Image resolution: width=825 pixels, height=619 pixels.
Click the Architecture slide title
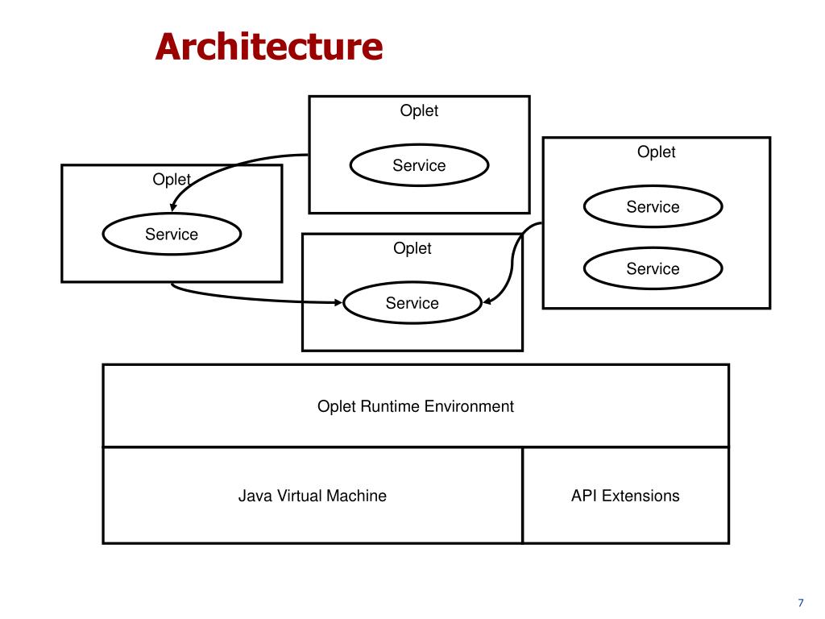269,46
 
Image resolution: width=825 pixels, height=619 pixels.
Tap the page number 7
801,603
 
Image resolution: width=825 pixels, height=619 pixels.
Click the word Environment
470,406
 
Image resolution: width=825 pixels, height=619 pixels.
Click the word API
584,496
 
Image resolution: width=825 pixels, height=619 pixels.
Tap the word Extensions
641,496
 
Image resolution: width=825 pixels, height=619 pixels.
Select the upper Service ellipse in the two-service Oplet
653,206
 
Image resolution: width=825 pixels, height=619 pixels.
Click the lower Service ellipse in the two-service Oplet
653,268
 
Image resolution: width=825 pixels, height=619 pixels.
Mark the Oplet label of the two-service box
656,152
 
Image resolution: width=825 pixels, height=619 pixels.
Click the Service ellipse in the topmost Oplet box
419,165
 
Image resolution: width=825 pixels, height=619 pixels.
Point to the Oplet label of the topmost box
419,110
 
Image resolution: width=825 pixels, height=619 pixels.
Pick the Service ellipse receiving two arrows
412,303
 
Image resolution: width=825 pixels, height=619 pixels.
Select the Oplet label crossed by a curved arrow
172,180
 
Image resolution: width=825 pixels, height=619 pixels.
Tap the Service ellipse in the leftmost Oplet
172,234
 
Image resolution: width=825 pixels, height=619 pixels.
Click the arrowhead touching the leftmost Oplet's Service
173,207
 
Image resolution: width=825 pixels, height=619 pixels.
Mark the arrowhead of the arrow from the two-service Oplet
487,302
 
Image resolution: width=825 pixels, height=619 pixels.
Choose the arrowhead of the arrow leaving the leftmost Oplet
338,303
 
